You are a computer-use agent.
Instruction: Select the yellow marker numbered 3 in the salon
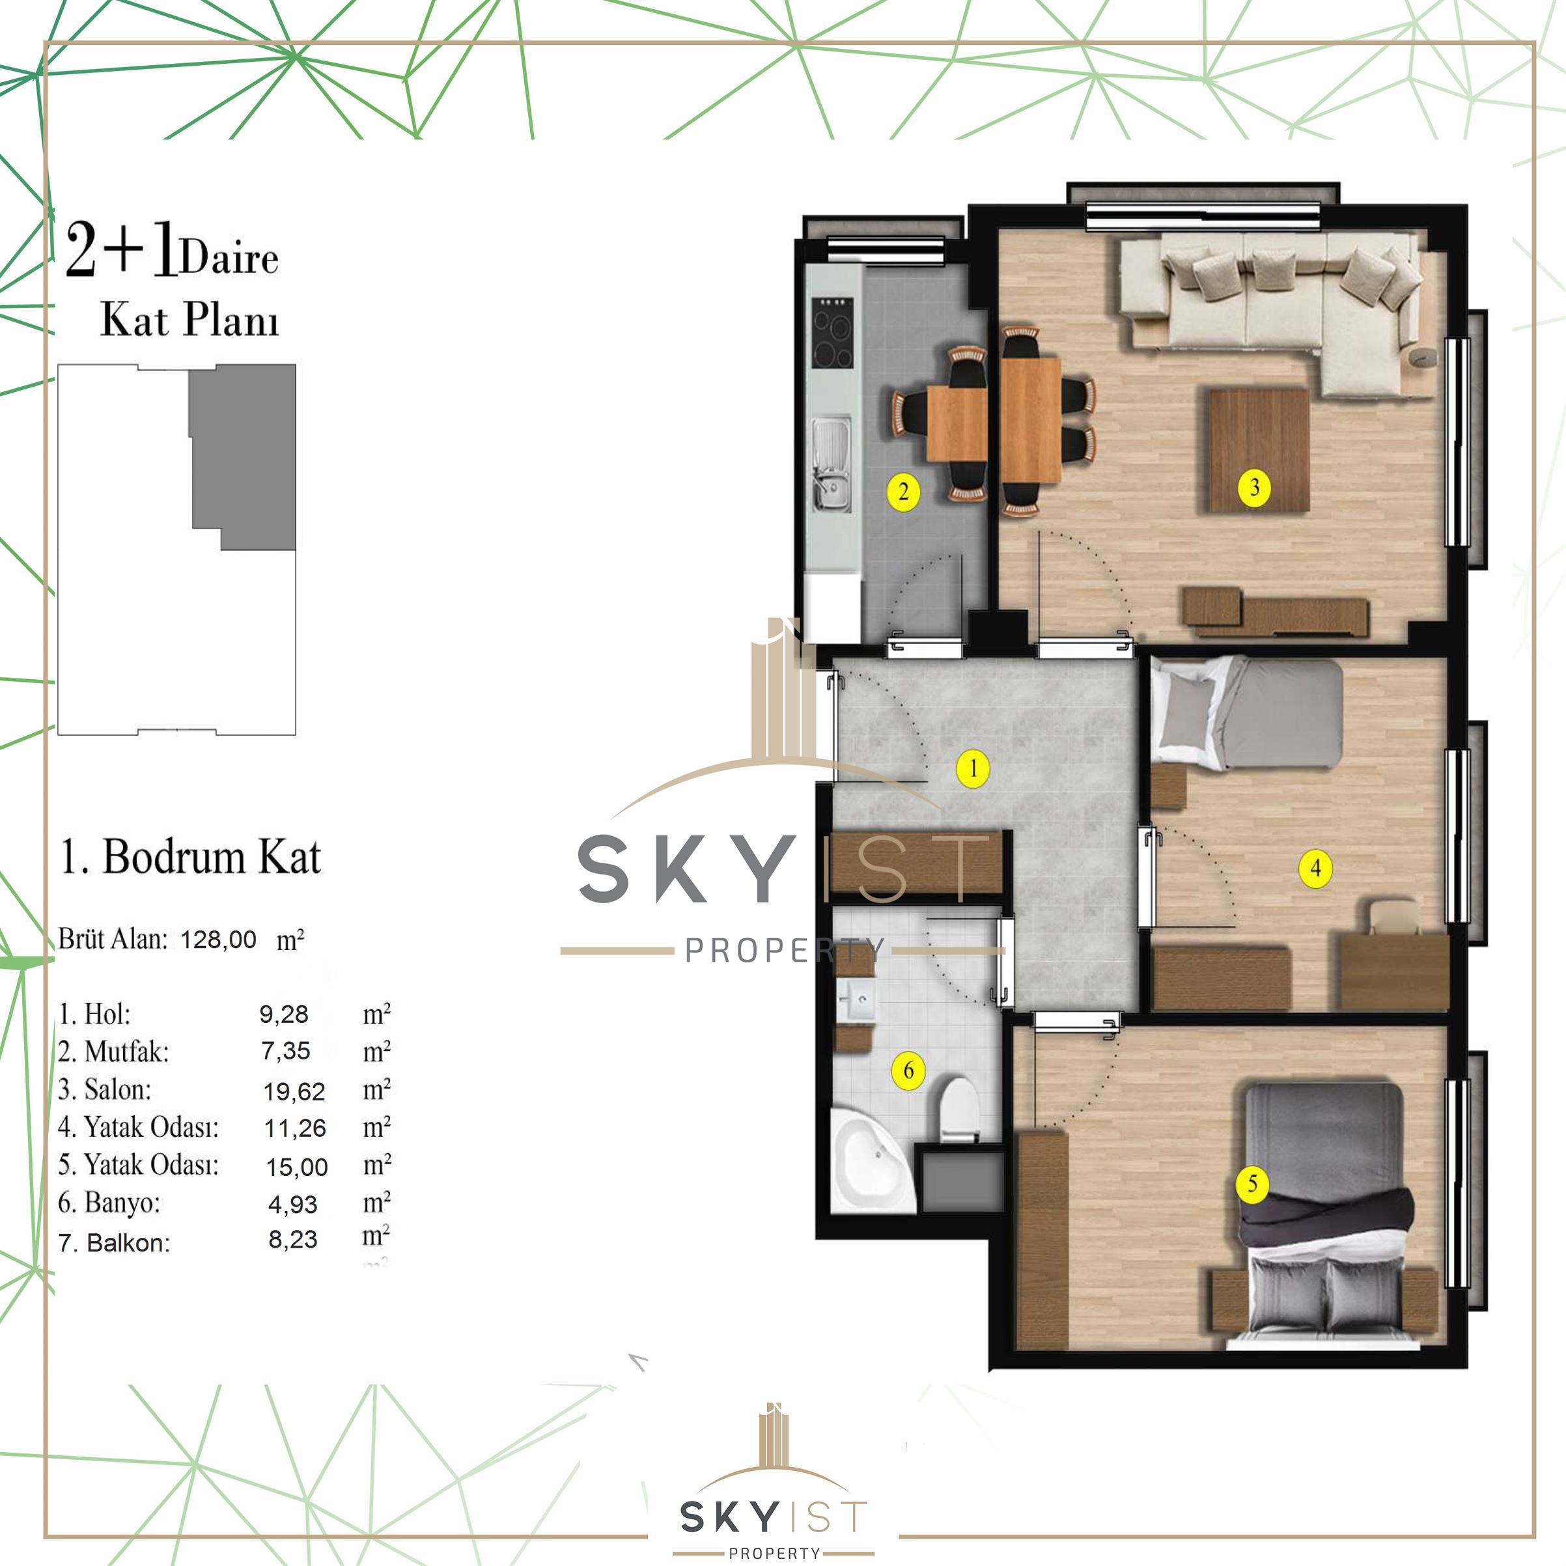pyautogui.click(x=1254, y=487)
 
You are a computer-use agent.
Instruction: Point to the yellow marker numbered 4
pyautogui.click(x=1315, y=868)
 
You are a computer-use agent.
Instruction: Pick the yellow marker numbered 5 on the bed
pyautogui.click(x=1252, y=1184)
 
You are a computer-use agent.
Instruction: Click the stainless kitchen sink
pyautogui.click(x=832, y=464)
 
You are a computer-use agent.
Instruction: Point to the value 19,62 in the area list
pyautogui.click(x=294, y=1092)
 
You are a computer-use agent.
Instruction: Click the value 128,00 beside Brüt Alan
pyautogui.click(x=218, y=940)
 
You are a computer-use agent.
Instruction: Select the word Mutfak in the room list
pyautogui.click(x=126, y=1052)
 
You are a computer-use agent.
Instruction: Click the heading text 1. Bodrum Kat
pyautogui.click(x=191, y=857)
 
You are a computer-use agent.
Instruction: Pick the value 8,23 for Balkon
pyautogui.click(x=292, y=1239)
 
